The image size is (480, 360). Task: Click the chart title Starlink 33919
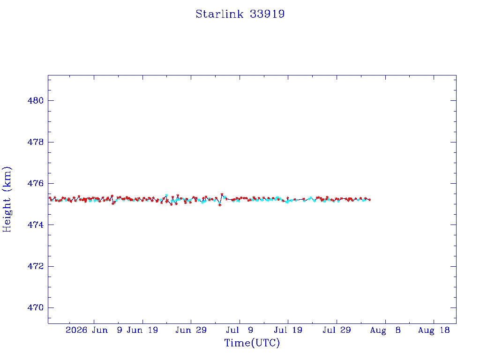(x=240, y=14)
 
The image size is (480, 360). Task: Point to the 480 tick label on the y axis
(x=36, y=100)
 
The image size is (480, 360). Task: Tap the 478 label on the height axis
(x=36, y=142)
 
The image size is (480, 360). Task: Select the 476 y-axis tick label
(x=36, y=183)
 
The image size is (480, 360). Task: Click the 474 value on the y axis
(x=36, y=225)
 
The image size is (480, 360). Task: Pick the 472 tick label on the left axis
(x=36, y=266)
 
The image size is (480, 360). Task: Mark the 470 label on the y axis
(x=36, y=307)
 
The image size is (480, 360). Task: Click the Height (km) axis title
(x=7, y=199)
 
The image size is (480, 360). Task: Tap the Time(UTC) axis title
(x=252, y=343)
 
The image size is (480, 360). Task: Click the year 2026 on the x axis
(x=76, y=330)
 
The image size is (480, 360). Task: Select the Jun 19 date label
(x=142, y=330)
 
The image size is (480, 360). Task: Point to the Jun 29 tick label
(x=191, y=330)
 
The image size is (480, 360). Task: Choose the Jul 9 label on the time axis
(x=240, y=330)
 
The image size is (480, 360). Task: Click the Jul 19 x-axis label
(x=288, y=330)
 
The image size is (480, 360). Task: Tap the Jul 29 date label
(x=337, y=330)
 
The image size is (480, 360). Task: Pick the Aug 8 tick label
(x=385, y=330)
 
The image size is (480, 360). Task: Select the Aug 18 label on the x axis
(x=434, y=330)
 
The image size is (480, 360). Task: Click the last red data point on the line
(x=370, y=200)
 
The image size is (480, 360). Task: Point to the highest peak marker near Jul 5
(x=222, y=195)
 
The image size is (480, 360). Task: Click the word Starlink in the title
(x=219, y=14)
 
